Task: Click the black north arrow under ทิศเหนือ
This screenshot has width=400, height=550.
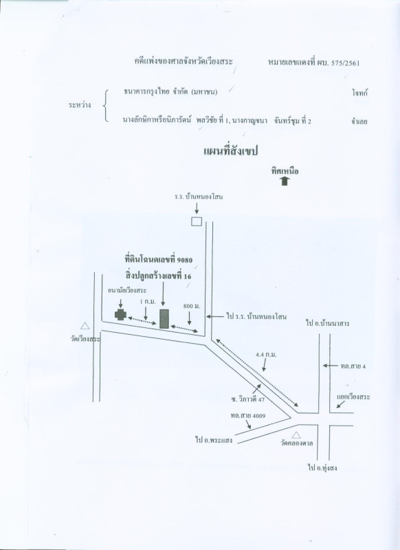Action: [x=285, y=181]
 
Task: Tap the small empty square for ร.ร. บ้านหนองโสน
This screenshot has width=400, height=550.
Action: [x=197, y=221]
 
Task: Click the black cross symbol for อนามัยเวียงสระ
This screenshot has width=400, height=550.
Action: [x=120, y=315]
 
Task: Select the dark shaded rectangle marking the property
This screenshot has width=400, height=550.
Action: [x=164, y=319]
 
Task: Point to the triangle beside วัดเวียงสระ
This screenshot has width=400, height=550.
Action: [x=85, y=326]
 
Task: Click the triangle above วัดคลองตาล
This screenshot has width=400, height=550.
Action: [x=296, y=435]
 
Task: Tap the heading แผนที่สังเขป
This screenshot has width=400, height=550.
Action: [x=231, y=151]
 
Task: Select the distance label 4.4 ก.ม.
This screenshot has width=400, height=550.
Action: [x=266, y=355]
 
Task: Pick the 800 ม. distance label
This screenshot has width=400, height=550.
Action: [x=192, y=306]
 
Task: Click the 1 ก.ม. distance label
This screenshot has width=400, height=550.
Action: [x=147, y=302]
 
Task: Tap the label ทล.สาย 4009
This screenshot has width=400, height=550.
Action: [x=248, y=416]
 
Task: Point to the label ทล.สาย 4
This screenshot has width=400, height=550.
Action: [x=353, y=366]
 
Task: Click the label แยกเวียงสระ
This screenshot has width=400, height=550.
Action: [x=353, y=397]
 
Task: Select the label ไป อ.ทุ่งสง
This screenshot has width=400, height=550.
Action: [x=322, y=467]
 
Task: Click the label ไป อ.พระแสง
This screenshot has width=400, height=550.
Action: [x=214, y=440]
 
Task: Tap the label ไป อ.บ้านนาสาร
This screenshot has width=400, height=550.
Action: [x=327, y=323]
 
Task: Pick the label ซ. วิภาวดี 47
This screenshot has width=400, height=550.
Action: [x=247, y=399]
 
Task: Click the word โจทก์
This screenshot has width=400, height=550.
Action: [x=360, y=93]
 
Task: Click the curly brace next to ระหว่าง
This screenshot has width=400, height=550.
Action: [x=106, y=106]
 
